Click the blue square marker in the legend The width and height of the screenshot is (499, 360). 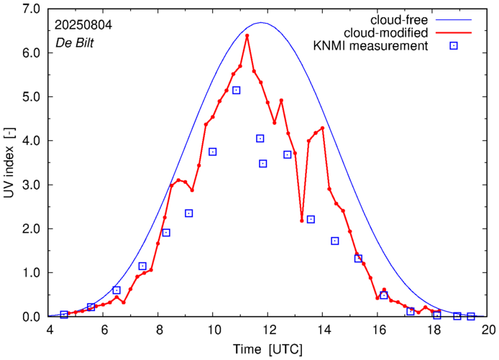pyautogui.click(x=454, y=46)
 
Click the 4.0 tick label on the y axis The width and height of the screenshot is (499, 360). pyautogui.click(x=31, y=140)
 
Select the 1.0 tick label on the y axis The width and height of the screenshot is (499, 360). pyautogui.click(x=31, y=272)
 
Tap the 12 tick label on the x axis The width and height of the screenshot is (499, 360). pyautogui.click(x=268, y=330)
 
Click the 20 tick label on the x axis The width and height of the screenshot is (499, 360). pyautogui.click(x=488, y=330)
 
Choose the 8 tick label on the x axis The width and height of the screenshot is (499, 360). pyautogui.click(x=159, y=330)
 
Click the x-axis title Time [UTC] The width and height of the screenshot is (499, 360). pyautogui.click(x=267, y=349)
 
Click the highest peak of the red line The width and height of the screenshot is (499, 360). pyautogui.click(x=247, y=35)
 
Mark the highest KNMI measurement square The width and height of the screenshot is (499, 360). pyautogui.click(x=236, y=90)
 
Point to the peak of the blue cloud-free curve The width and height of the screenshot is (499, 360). pyautogui.click(x=261, y=22)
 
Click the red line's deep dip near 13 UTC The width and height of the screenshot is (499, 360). pyautogui.click(x=302, y=221)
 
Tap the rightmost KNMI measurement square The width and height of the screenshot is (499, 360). pyautogui.click(x=471, y=316)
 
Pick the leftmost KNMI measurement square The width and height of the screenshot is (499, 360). pyautogui.click(x=64, y=314)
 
